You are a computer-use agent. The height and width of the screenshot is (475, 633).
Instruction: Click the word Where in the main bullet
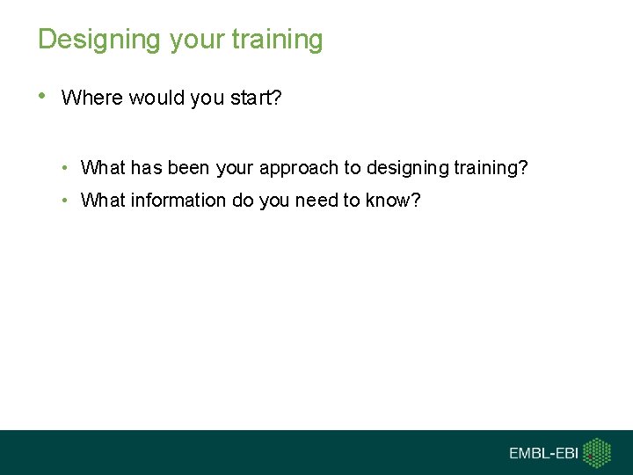click(92, 98)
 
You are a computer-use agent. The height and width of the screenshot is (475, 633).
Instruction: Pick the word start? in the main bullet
click(255, 98)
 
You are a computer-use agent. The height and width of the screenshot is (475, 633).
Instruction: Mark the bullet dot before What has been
click(67, 167)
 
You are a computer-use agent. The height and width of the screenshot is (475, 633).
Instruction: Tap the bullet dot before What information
click(67, 200)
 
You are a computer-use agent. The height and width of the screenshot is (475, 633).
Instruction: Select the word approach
click(299, 168)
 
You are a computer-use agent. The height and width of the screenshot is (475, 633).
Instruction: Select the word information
click(178, 201)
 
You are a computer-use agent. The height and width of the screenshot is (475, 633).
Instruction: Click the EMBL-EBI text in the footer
click(544, 453)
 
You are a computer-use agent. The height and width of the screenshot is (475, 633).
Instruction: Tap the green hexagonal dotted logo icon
click(598, 452)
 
